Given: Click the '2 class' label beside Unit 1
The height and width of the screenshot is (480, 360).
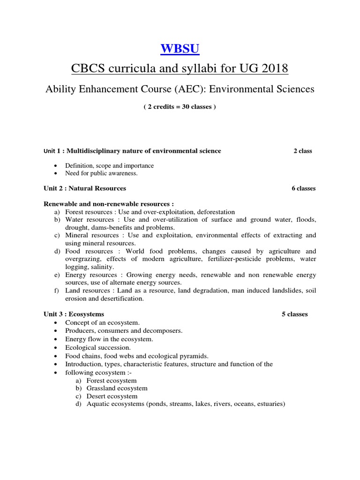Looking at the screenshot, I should [302, 151].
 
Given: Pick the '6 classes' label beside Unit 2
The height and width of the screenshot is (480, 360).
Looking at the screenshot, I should [303, 188].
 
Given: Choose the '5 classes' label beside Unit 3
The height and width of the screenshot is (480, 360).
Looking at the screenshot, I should [294, 314].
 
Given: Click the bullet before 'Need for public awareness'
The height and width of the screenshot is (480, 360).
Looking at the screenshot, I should [56, 173].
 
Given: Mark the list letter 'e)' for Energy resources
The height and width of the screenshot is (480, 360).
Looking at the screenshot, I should [57, 275].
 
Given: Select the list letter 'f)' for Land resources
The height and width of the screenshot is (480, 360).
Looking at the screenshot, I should [57, 291].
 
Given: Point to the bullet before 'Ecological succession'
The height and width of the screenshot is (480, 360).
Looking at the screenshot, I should [56, 348].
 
